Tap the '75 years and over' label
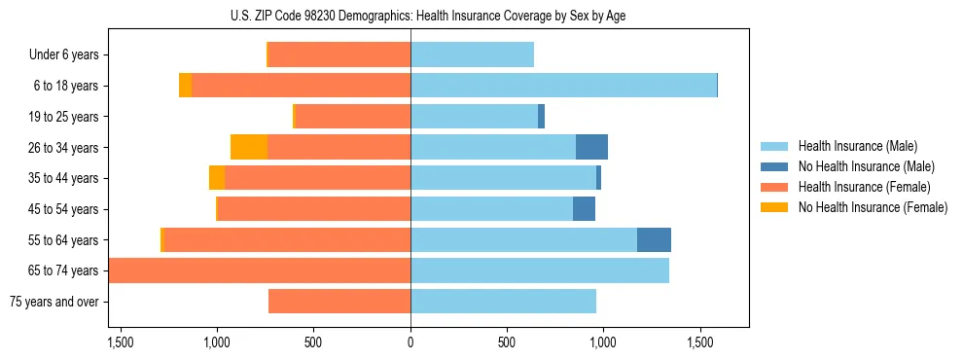pos(53,302)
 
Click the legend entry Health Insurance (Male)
pos(857,146)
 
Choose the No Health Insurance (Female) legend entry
pos(873,207)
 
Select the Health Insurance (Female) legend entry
pos(864,187)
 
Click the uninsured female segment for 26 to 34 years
pos(249,147)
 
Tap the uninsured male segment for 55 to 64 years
pos(654,239)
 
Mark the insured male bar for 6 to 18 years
pos(563,86)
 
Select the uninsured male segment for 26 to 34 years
pos(591,147)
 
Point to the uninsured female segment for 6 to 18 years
pos(185,86)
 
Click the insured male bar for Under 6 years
pos(472,54)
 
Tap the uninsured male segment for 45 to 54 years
pos(584,208)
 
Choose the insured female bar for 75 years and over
pos(339,302)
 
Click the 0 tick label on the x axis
pos(410,343)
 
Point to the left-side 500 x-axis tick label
pos(313,343)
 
